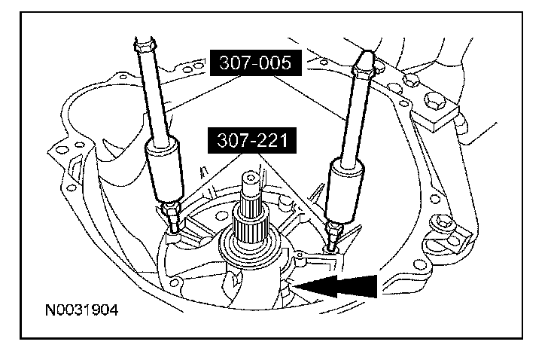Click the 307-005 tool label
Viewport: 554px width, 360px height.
point(255,63)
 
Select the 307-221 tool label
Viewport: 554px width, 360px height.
point(252,140)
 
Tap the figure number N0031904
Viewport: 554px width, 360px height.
point(81,310)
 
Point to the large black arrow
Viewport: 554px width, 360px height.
point(336,285)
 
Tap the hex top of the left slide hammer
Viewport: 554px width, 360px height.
point(144,44)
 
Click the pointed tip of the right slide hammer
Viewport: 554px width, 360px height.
point(366,52)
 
